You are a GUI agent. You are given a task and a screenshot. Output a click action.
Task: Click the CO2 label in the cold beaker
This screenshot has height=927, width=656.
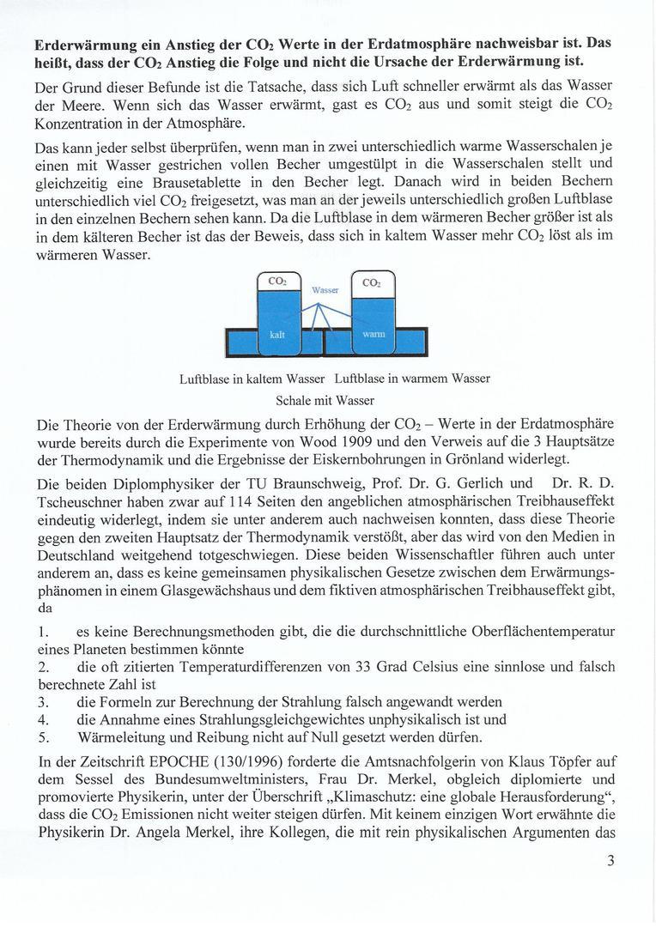pyautogui.click(x=277, y=281)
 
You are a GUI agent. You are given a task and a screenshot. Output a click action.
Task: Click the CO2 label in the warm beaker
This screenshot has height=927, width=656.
pyautogui.click(x=371, y=282)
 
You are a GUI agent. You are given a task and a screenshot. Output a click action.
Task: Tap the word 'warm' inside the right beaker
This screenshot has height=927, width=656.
pyautogui.click(x=374, y=333)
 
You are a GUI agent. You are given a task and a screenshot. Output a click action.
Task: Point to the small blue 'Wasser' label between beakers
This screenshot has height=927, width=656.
pyautogui.click(x=325, y=290)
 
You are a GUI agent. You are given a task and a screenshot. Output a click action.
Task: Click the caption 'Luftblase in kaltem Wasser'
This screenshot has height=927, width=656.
pyautogui.click(x=252, y=379)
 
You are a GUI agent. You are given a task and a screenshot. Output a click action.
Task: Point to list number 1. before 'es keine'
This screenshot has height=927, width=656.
pyautogui.click(x=44, y=633)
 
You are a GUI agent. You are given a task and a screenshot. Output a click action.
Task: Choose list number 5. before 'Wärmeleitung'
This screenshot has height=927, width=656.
pyautogui.click(x=44, y=736)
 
